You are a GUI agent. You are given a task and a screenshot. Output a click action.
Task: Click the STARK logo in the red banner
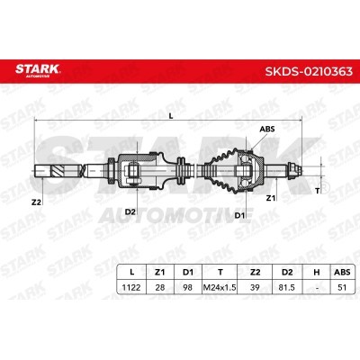(x=38, y=70)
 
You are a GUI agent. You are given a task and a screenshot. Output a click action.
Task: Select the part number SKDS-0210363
(x=309, y=71)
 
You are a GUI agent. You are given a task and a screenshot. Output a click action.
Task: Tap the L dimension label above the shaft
(x=171, y=116)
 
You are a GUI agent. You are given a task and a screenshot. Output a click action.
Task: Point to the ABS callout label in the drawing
(x=267, y=129)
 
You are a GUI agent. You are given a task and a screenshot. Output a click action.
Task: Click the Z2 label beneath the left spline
(x=36, y=202)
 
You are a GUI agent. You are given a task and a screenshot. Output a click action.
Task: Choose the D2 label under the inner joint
(x=130, y=211)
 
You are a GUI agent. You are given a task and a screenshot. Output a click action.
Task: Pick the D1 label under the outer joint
(x=239, y=215)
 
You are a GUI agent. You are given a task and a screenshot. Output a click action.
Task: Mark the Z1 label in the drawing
(x=271, y=198)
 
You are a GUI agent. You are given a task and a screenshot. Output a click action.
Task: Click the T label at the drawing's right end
(x=318, y=191)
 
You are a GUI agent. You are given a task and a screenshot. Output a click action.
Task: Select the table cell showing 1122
(x=131, y=287)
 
